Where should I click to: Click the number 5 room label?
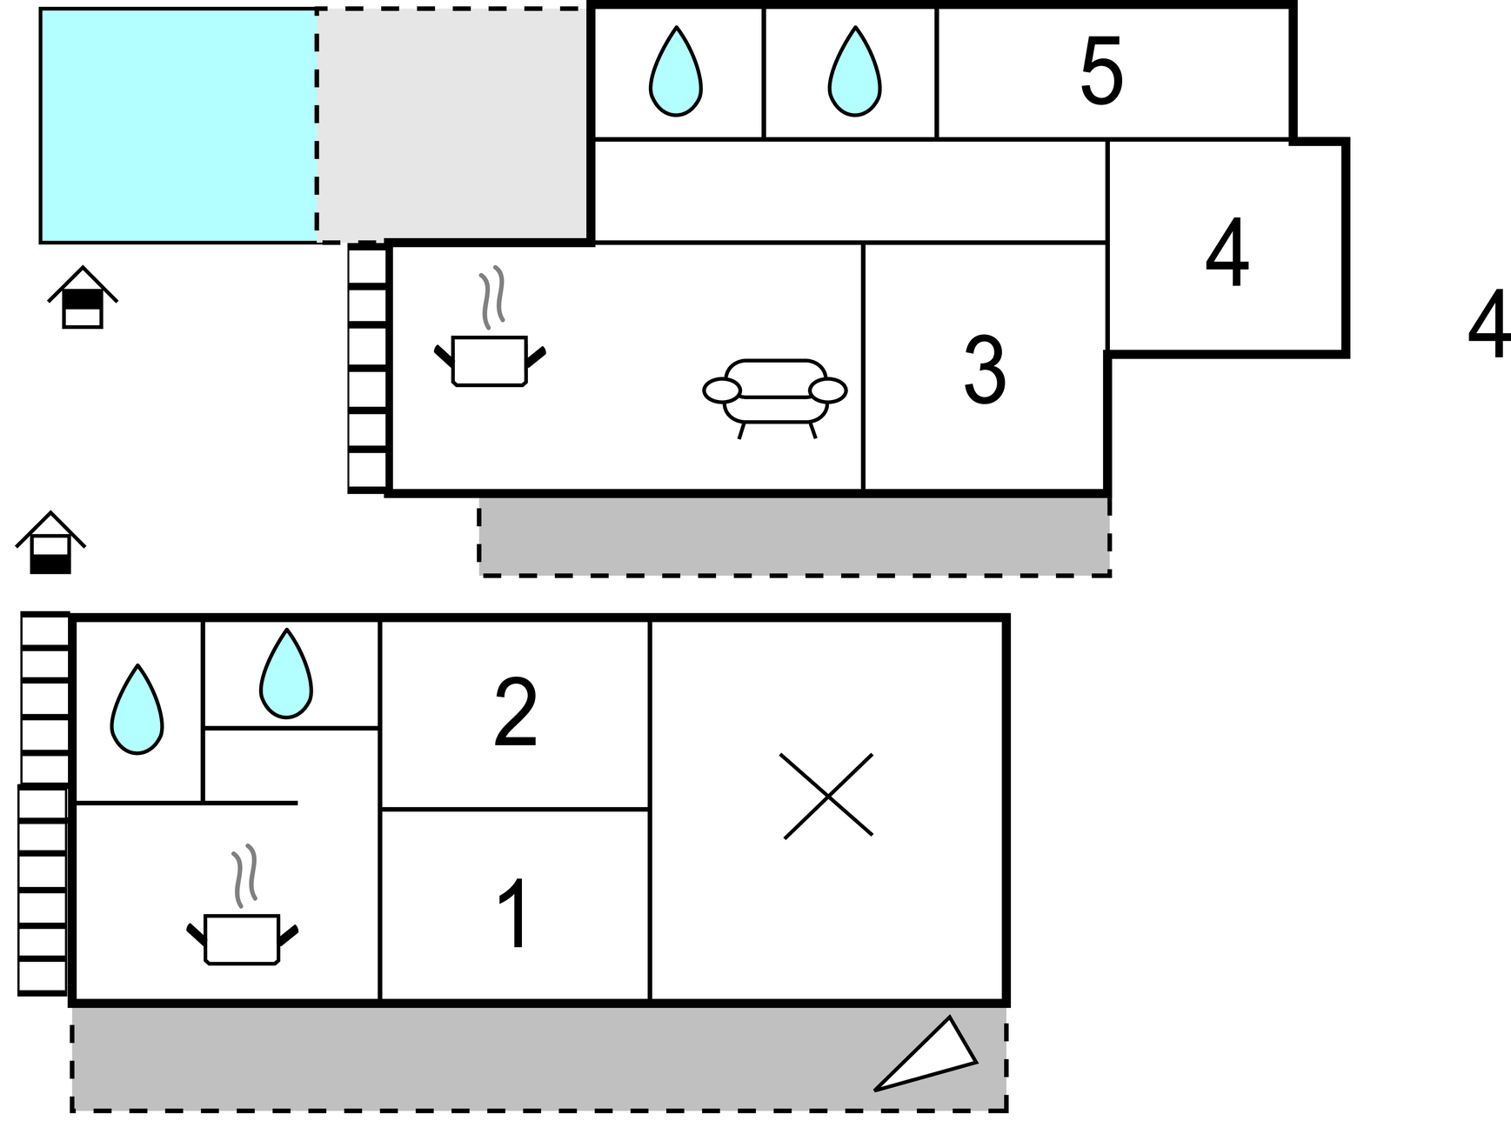pos(1101,71)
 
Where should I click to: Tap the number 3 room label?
pos(985,370)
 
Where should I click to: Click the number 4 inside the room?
pos(1227,254)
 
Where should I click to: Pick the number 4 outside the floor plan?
pos(1488,325)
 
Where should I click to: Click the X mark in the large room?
pos(827,796)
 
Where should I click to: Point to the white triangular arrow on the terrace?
pos(931,1057)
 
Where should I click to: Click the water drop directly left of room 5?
pos(854,73)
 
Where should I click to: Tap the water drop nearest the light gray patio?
pos(675,73)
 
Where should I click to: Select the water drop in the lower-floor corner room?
pos(137,710)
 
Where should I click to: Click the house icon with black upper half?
pos(83,297)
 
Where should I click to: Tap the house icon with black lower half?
pos(50,544)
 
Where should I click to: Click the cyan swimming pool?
pos(178,125)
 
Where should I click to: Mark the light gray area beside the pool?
pos(452,125)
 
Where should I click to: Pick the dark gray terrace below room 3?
pos(794,536)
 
